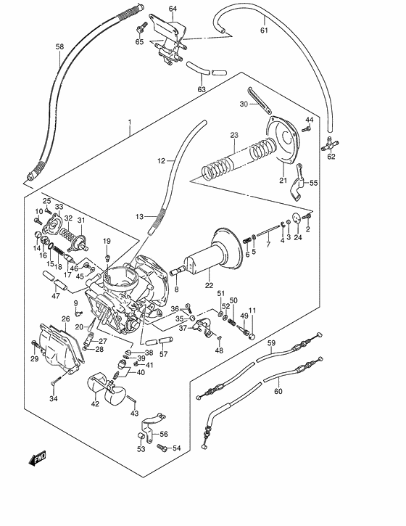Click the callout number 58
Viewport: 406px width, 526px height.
pyautogui.click(x=59, y=48)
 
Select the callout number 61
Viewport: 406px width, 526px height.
pyautogui.click(x=264, y=30)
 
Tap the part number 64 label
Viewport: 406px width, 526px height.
pyautogui.click(x=173, y=9)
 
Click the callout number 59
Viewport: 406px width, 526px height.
pyautogui.click(x=271, y=342)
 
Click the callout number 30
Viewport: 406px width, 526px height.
pyautogui.click(x=244, y=104)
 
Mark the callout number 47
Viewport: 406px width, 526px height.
pyautogui.click(x=55, y=295)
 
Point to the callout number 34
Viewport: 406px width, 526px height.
pyautogui.click(x=53, y=398)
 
